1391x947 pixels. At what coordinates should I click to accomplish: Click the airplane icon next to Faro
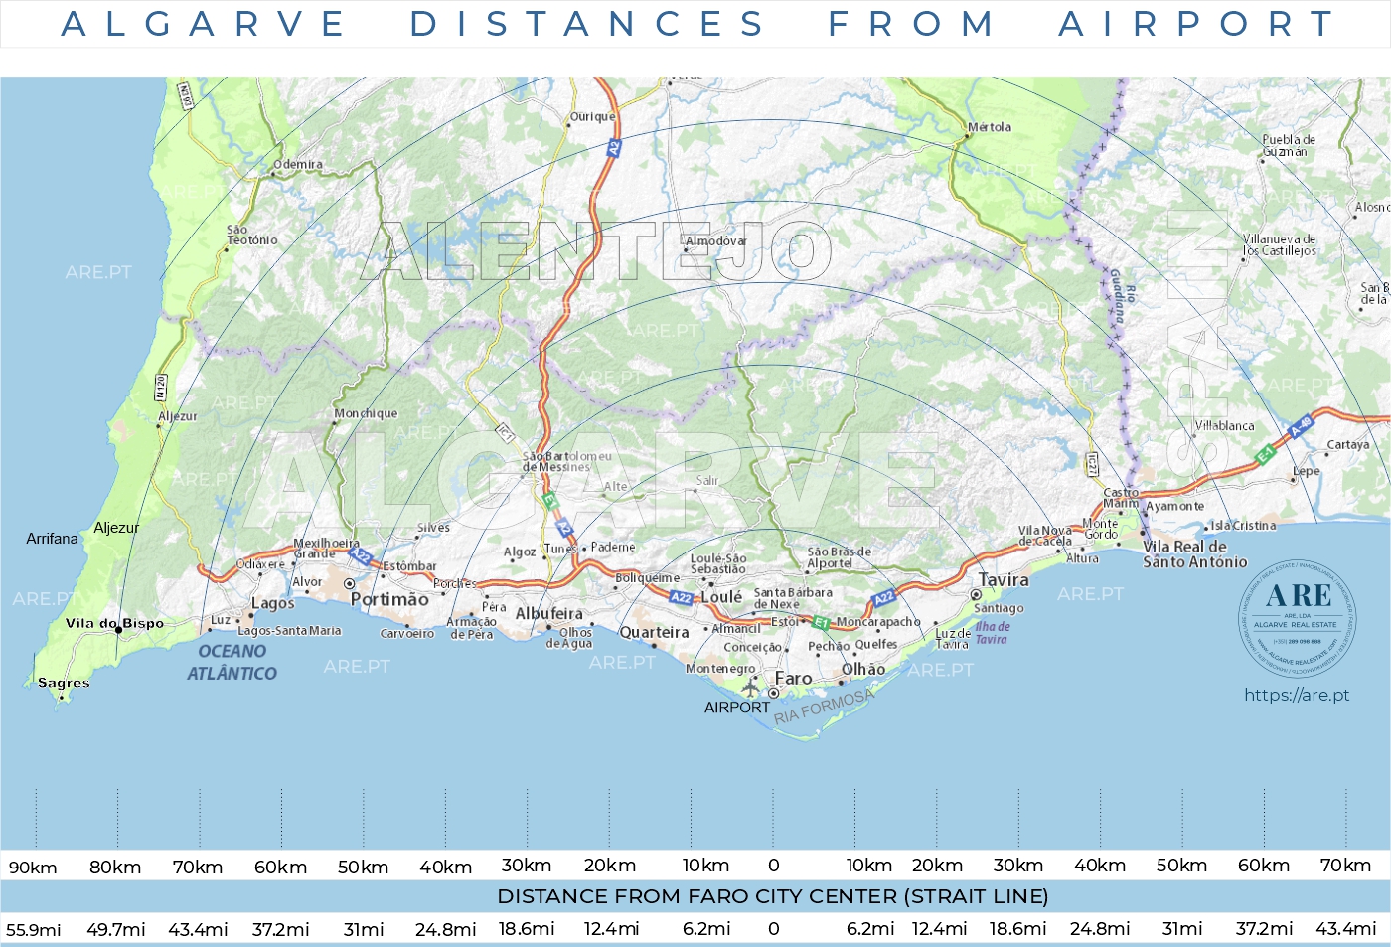pos(750,686)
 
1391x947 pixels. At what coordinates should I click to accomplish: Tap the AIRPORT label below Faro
pos(736,708)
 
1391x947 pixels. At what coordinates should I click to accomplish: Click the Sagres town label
pos(64,683)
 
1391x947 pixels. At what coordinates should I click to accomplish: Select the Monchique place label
pos(366,413)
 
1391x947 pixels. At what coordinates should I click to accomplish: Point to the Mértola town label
pos(990,127)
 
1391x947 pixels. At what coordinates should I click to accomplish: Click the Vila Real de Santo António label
pos(1194,554)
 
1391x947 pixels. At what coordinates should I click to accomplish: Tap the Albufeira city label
pos(548,613)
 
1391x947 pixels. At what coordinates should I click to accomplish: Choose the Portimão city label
pos(389,599)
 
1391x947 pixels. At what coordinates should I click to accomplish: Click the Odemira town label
pos(298,165)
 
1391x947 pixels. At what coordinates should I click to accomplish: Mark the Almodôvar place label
pos(715,241)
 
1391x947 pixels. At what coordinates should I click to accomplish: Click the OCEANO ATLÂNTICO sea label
pos(232,662)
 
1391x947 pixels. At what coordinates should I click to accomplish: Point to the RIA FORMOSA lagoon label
pos(824,707)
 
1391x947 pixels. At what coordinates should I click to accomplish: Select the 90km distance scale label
pos(33,868)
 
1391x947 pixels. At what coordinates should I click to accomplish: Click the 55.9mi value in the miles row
pos(33,930)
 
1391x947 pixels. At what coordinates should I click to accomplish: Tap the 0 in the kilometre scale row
pos(774,866)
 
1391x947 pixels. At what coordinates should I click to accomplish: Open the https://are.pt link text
pos(1297,695)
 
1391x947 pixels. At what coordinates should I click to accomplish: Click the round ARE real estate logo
pos(1297,618)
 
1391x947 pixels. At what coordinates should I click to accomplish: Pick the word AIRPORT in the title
pos(1196,24)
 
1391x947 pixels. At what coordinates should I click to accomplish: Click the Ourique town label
pos(592,117)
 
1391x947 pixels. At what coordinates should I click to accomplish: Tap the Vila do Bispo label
pos(114,624)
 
